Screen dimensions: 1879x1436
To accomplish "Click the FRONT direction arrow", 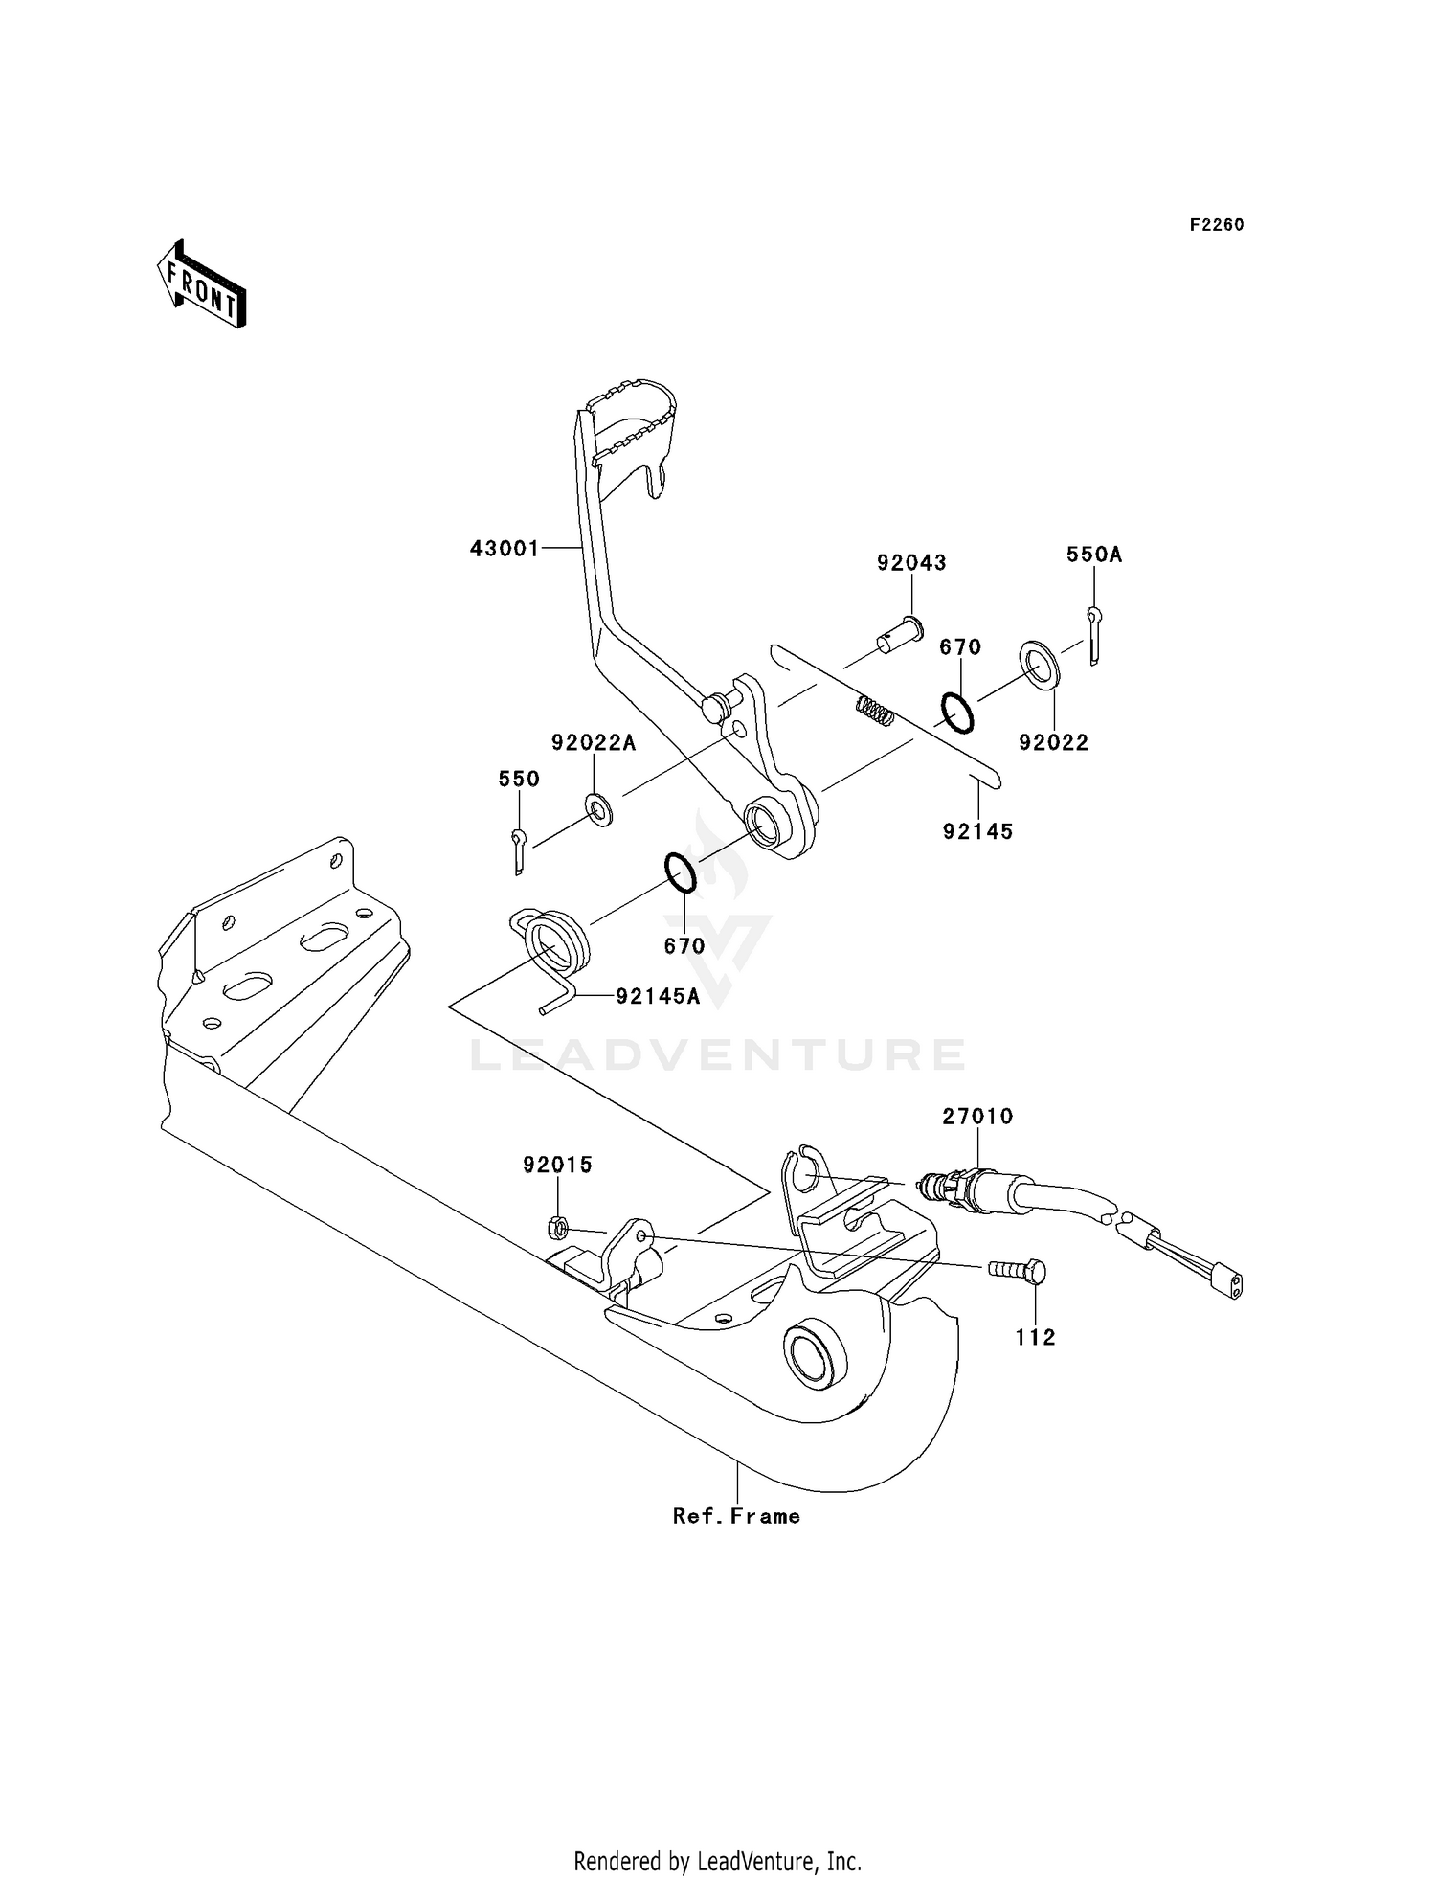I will (x=202, y=284).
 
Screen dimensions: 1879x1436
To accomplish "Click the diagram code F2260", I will (x=1216, y=225).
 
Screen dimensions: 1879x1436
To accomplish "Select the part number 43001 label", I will (x=505, y=549).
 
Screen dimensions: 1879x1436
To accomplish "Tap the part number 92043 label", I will (x=911, y=563).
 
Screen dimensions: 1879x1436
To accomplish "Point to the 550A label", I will (x=1094, y=555).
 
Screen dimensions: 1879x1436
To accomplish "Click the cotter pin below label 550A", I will (x=1094, y=634).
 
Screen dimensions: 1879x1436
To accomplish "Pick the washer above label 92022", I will (x=1039, y=665).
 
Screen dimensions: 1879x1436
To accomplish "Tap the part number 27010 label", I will (x=977, y=1117).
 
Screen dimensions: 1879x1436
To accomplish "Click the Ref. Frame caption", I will (x=736, y=1516).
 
